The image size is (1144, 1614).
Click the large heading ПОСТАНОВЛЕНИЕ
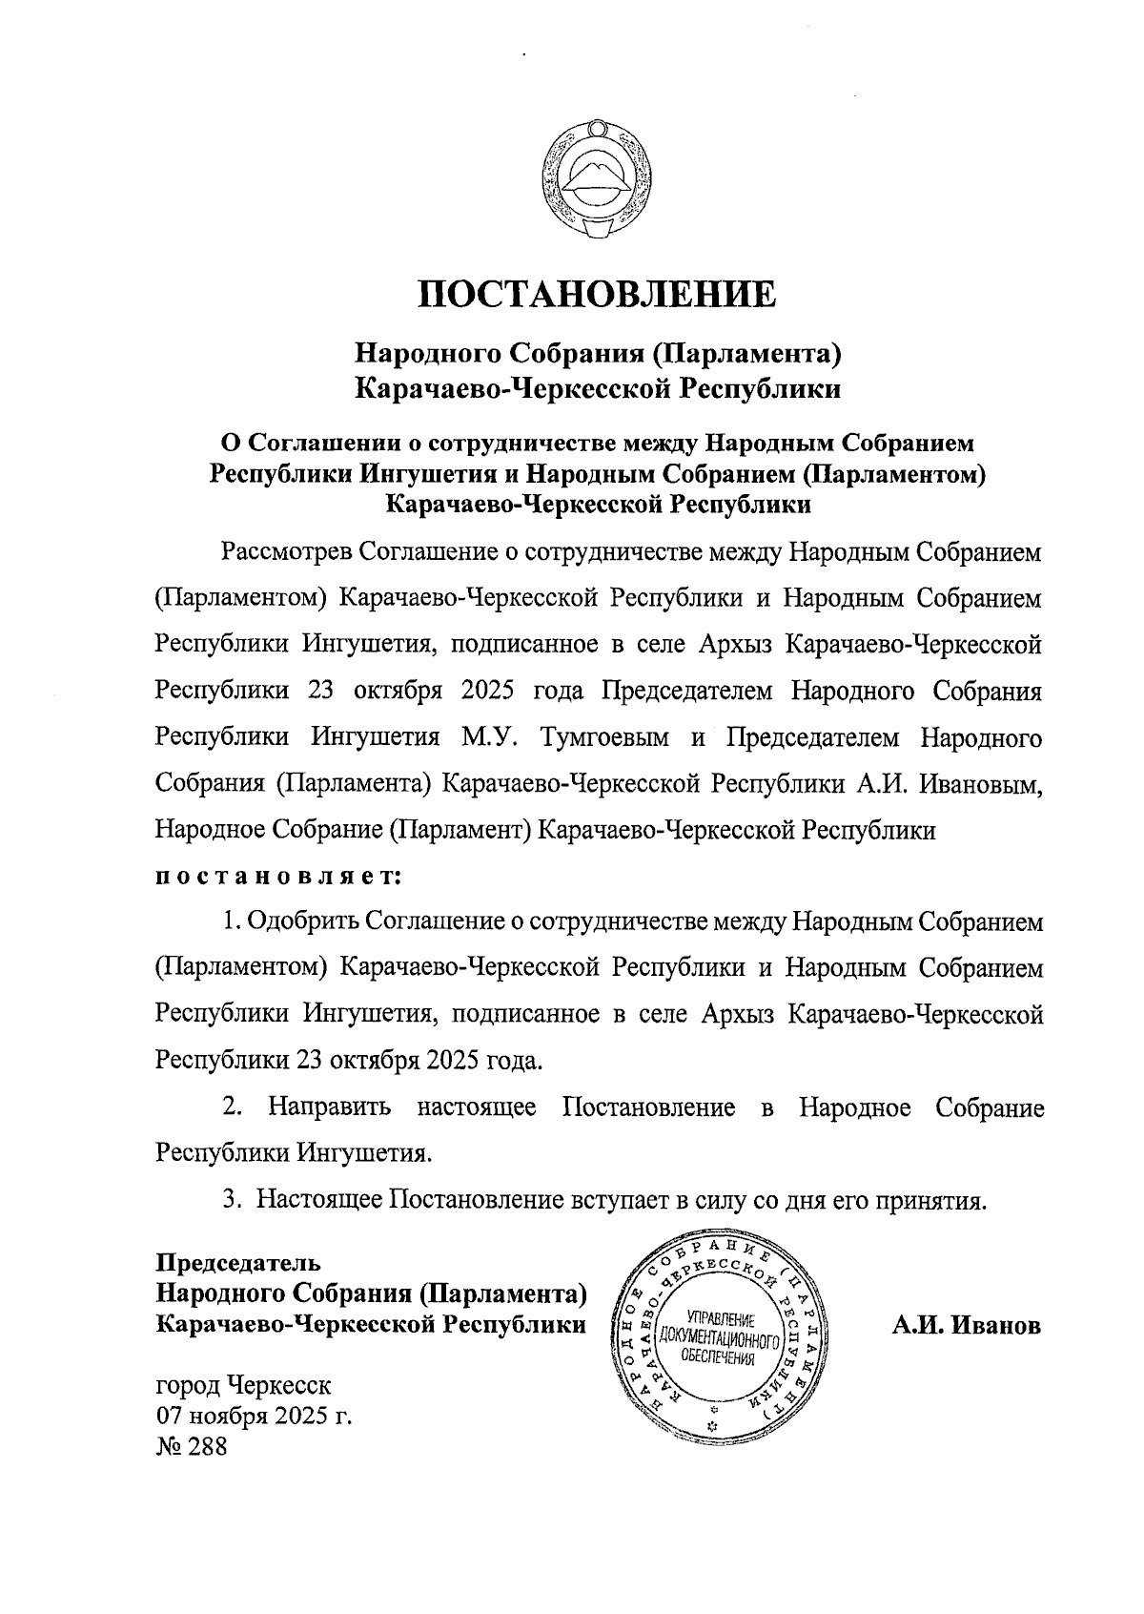click(x=599, y=293)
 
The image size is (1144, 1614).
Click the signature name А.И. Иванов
click(x=967, y=1326)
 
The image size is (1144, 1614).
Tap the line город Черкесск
click(x=243, y=1384)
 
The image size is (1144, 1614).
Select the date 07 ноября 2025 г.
click(x=255, y=1416)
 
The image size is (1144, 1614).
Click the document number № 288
click(x=192, y=1447)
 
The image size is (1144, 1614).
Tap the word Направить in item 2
click(x=329, y=1108)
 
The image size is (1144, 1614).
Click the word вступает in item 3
click(x=619, y=1200)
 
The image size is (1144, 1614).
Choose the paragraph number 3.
click(x=231, y=1200)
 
